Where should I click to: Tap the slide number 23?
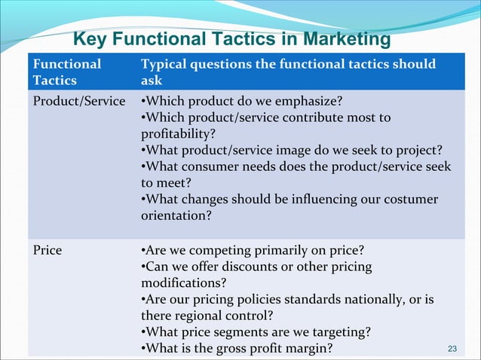tap(452, 348)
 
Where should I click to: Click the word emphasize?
tap(309, 101)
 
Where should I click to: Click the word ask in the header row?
tap(152, 80)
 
